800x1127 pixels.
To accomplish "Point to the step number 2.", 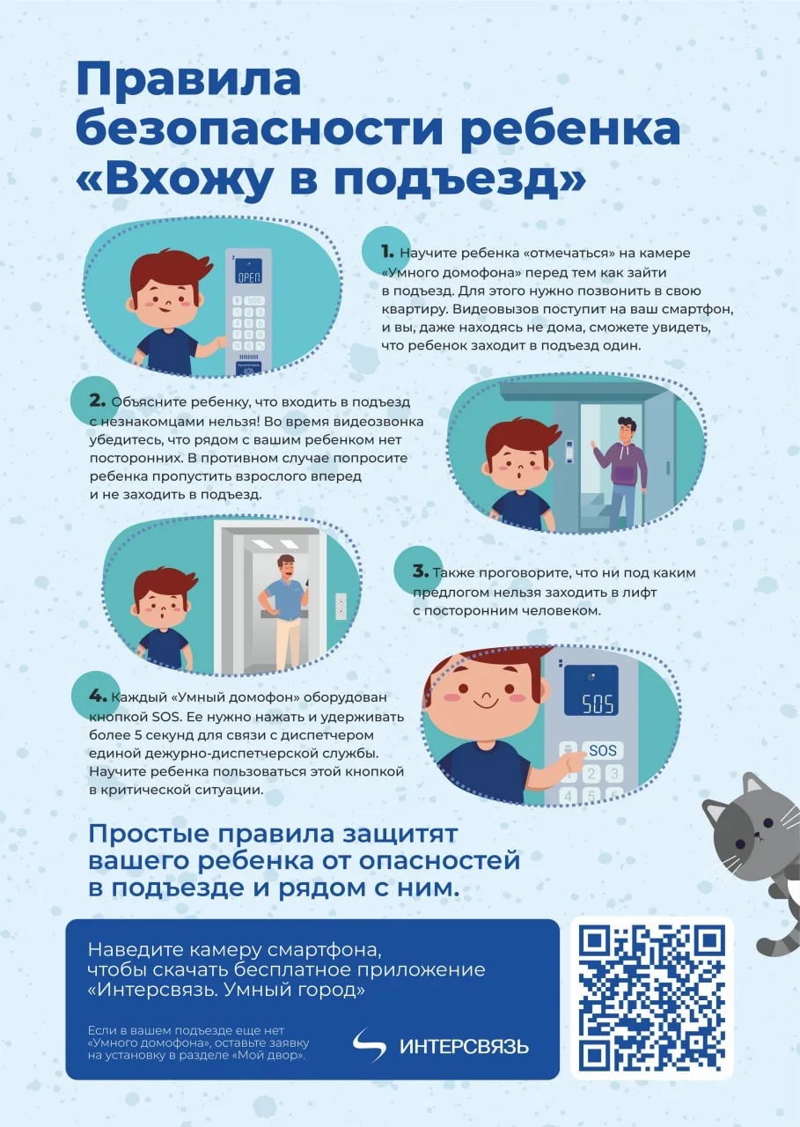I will coord(97,401).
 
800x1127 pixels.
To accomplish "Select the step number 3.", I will coord(420,571).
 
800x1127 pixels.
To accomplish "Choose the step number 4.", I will coord(97,697).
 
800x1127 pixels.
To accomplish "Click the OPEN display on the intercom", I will coord(250,276).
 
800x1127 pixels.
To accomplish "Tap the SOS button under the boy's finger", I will coord(602,751).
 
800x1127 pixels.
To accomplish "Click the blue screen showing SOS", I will coord(590,691).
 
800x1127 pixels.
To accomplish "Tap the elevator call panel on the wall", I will coord(341,607).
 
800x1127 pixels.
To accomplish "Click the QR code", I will coord(651,997).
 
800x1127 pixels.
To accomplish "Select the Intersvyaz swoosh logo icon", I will coord(370,1045).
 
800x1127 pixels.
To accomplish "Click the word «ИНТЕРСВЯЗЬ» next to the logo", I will coord(464,1047).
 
